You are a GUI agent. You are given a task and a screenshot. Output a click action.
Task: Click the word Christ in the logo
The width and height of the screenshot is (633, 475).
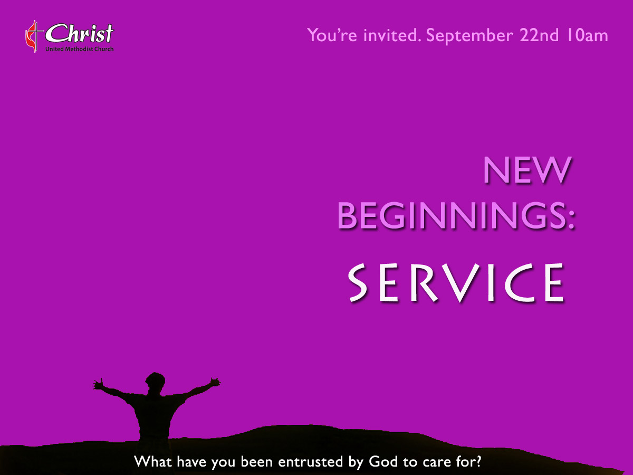[79, 33]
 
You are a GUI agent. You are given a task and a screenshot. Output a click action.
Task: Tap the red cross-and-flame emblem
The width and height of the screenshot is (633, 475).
[34, 36]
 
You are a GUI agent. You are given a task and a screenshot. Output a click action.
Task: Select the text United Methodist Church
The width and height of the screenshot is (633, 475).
[79, 49]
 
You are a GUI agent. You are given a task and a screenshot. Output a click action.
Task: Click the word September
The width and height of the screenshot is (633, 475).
[469, 36]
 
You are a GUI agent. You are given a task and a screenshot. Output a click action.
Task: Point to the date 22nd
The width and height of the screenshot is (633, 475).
[539, 35]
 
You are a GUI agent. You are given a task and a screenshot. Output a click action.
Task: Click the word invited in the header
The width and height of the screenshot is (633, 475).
[391, 35]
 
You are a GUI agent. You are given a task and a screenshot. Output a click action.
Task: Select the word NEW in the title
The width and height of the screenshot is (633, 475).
[527, 170]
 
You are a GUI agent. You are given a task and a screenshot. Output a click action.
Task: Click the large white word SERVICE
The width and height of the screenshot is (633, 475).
[456, 283]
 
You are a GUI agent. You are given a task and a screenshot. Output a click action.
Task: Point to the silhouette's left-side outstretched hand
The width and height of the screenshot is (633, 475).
[98, 384]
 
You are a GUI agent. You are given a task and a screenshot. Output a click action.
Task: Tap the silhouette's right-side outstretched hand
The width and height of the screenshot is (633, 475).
[215, 383]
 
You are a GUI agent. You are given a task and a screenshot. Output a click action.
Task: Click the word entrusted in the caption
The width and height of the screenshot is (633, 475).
[310, 462]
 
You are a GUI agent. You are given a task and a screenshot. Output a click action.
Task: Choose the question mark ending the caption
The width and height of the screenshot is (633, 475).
[478, 461]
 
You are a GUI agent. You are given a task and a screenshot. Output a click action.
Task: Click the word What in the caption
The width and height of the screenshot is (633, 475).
[153, 461]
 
